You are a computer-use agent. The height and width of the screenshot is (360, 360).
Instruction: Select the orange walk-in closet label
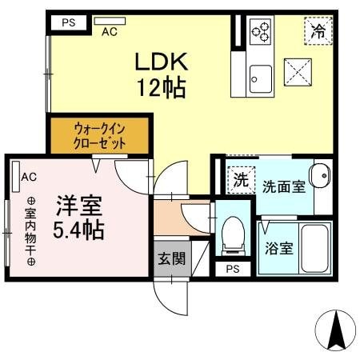(x=100, y=134)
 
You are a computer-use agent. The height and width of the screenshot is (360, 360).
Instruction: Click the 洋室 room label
(x=78, y=205)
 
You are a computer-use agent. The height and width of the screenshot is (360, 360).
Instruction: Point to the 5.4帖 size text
(x=78, y=231)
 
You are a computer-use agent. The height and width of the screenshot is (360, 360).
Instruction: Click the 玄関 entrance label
(x=169, y=258)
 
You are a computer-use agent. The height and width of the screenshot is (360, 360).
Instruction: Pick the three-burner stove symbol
(x=262, y=31)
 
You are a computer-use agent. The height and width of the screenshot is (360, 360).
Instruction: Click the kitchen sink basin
(x=261, y=78)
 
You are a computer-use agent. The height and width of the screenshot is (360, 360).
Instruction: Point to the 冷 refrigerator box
(x=318, y=31)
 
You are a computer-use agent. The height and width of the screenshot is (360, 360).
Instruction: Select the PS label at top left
(x=69, y=22)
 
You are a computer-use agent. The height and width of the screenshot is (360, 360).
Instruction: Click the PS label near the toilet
(x=233, y=269)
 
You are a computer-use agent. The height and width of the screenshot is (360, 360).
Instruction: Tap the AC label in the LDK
(x=110, y=32)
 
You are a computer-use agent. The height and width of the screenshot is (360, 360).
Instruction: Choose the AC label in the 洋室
(x=29, y=177)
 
